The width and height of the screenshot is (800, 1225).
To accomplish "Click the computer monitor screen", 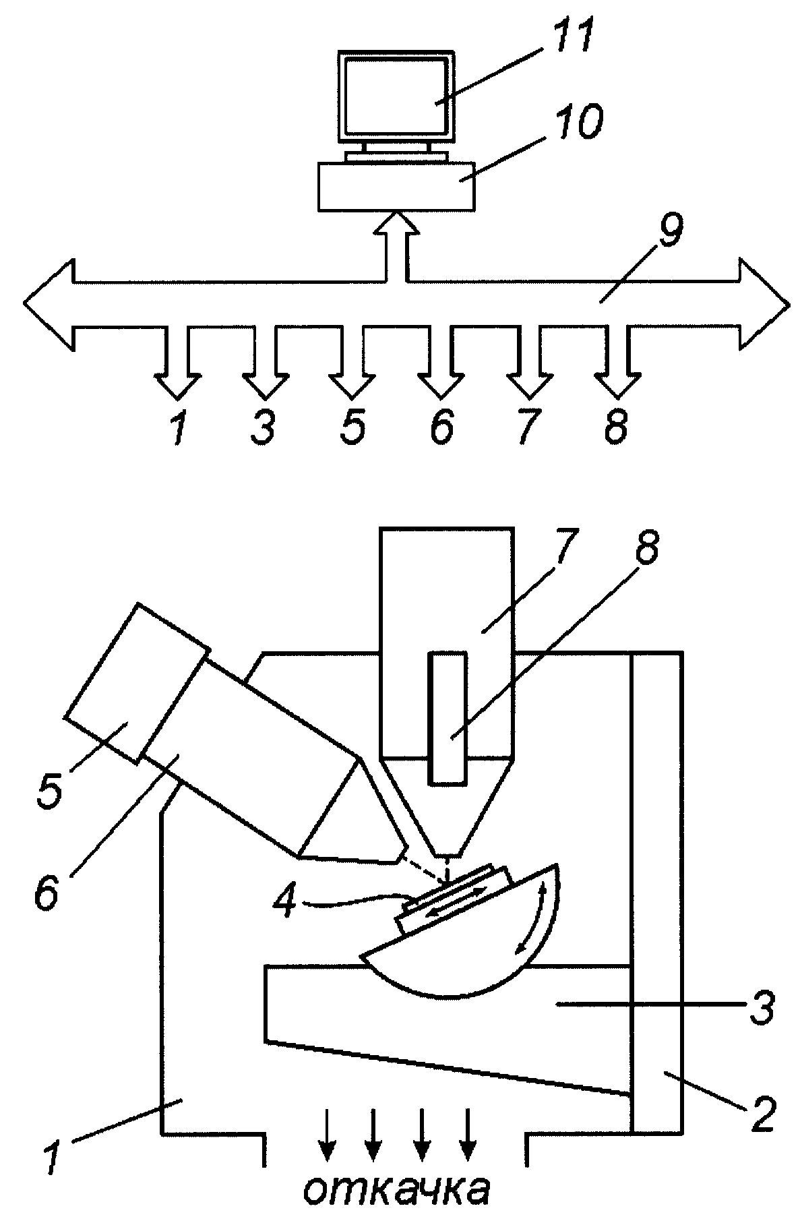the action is click(x=396, y=96).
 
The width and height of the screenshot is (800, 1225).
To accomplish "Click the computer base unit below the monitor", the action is click(x=397, y=185).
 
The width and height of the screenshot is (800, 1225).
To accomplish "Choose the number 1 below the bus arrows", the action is click(x=177, y=426).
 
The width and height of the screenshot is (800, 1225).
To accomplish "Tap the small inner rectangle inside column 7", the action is click(x=448, y=718).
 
